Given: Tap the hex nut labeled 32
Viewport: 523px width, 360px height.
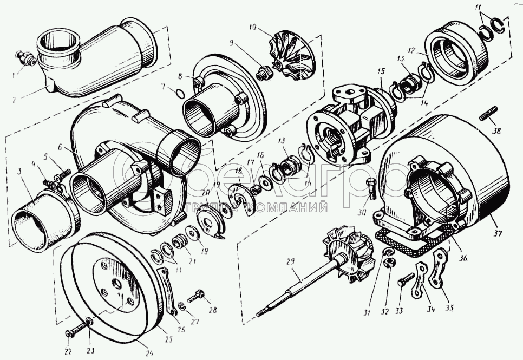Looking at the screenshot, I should pos(388,264).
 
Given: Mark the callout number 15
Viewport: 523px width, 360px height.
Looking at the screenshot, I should pos(381,70).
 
